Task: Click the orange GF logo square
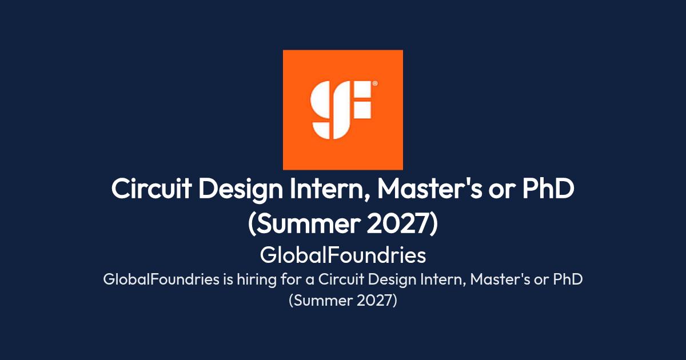click(x=342, y=110)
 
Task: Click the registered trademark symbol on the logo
click(x=375, y=83)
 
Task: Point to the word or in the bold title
click(x=502, y=191)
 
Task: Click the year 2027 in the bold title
click(x=402, y=224)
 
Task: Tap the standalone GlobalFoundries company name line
click(x=342, y=255)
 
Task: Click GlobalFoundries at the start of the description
click(x=161, y=279)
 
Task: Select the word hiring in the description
click(x=257, y=281)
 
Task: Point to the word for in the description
click(x=291, y=279)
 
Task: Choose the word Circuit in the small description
click(x=341, y=279)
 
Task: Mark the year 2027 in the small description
click(x=377, y=301)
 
